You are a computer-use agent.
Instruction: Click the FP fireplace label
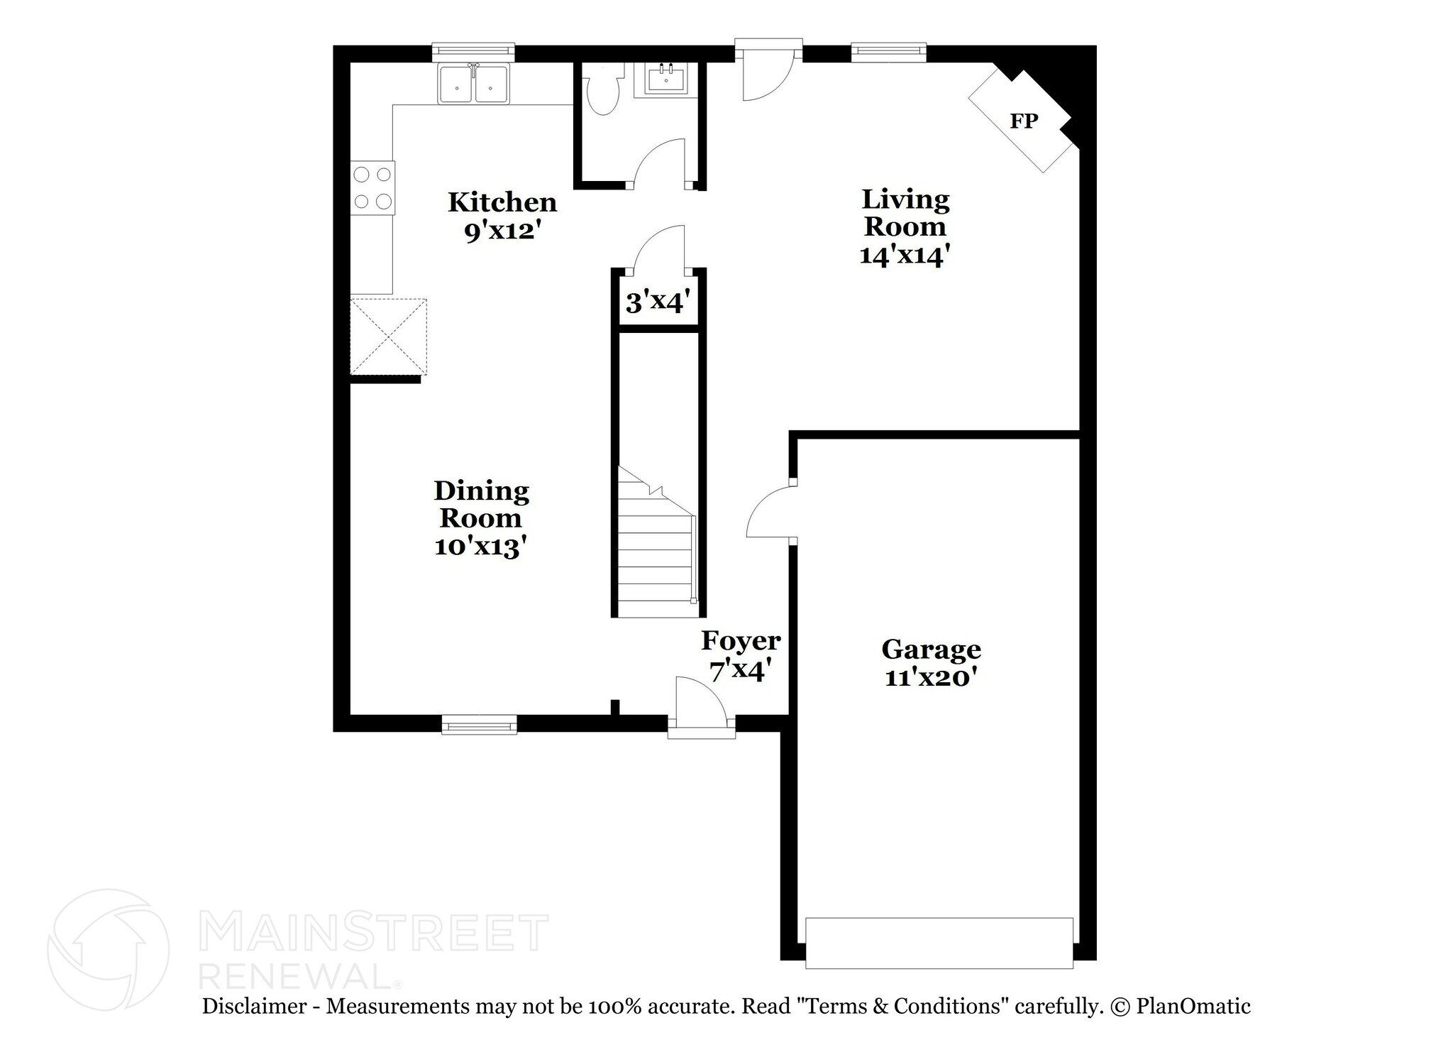click(1024, 121)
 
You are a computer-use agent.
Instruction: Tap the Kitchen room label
click(502, 202)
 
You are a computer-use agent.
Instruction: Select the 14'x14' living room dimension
click(905, 255)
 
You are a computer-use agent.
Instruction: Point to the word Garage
click(931, 650)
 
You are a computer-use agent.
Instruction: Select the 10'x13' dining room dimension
click(480, 547)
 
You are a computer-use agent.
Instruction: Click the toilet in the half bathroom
click(602, 89)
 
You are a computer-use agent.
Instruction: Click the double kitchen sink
click(473, 84)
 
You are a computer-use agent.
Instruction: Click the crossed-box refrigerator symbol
click(389, 336)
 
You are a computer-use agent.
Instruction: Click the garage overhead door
click(939, 943)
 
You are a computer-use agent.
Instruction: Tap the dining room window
click(479, 725)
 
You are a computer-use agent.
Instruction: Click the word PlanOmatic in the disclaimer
click(1193, 1006)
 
